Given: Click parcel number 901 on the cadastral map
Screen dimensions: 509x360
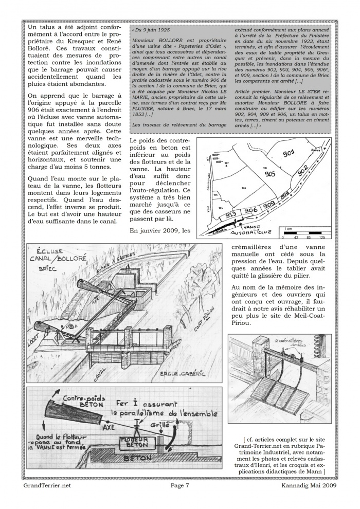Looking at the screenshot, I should pos(289,153).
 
